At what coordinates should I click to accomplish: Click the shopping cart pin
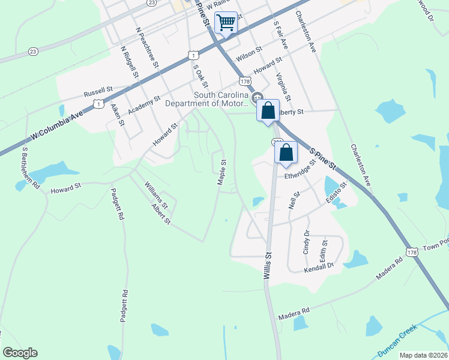pos(226,23)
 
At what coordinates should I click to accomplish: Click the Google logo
pos(20,353)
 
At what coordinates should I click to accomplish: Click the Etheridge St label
pos(300,172)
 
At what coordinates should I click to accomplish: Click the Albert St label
pos(161,214)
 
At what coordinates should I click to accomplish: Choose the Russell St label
pos(98,92)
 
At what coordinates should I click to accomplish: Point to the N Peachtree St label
pos(147,47)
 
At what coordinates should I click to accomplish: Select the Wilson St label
pos(249,54)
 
